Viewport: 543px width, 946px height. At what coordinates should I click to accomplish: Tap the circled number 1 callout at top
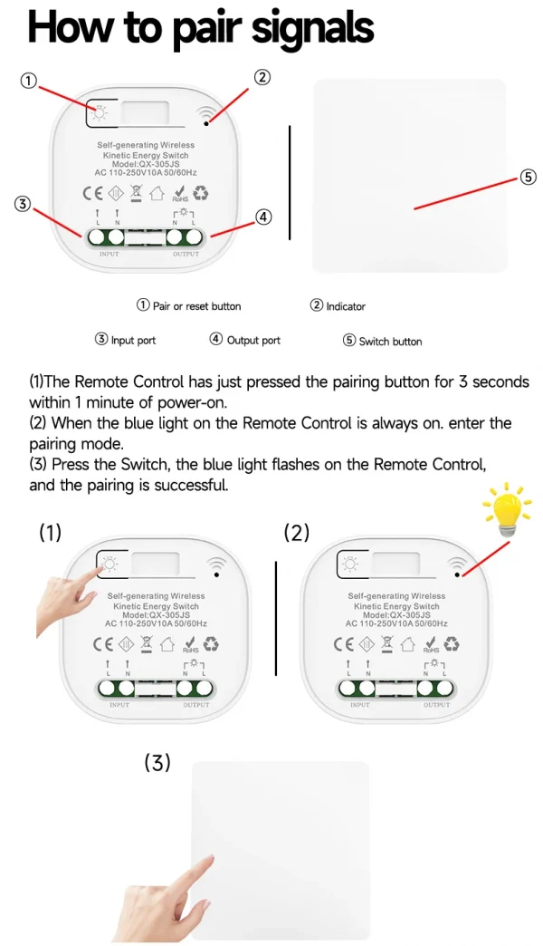29,82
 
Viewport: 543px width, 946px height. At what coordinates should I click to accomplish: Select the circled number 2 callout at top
262,77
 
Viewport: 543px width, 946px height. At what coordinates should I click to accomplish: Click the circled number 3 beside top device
23,204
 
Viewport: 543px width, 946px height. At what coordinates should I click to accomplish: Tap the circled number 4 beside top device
262,217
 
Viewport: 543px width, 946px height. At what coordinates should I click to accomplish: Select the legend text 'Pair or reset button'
196,306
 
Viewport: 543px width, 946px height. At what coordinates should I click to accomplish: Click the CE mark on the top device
92,192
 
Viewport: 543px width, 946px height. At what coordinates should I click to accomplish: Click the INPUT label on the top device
108,255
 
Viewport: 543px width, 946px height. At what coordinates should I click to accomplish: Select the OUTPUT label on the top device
186,255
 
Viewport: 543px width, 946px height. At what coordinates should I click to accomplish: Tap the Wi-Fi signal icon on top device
209,113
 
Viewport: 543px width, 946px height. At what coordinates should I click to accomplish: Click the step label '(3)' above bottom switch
157,763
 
